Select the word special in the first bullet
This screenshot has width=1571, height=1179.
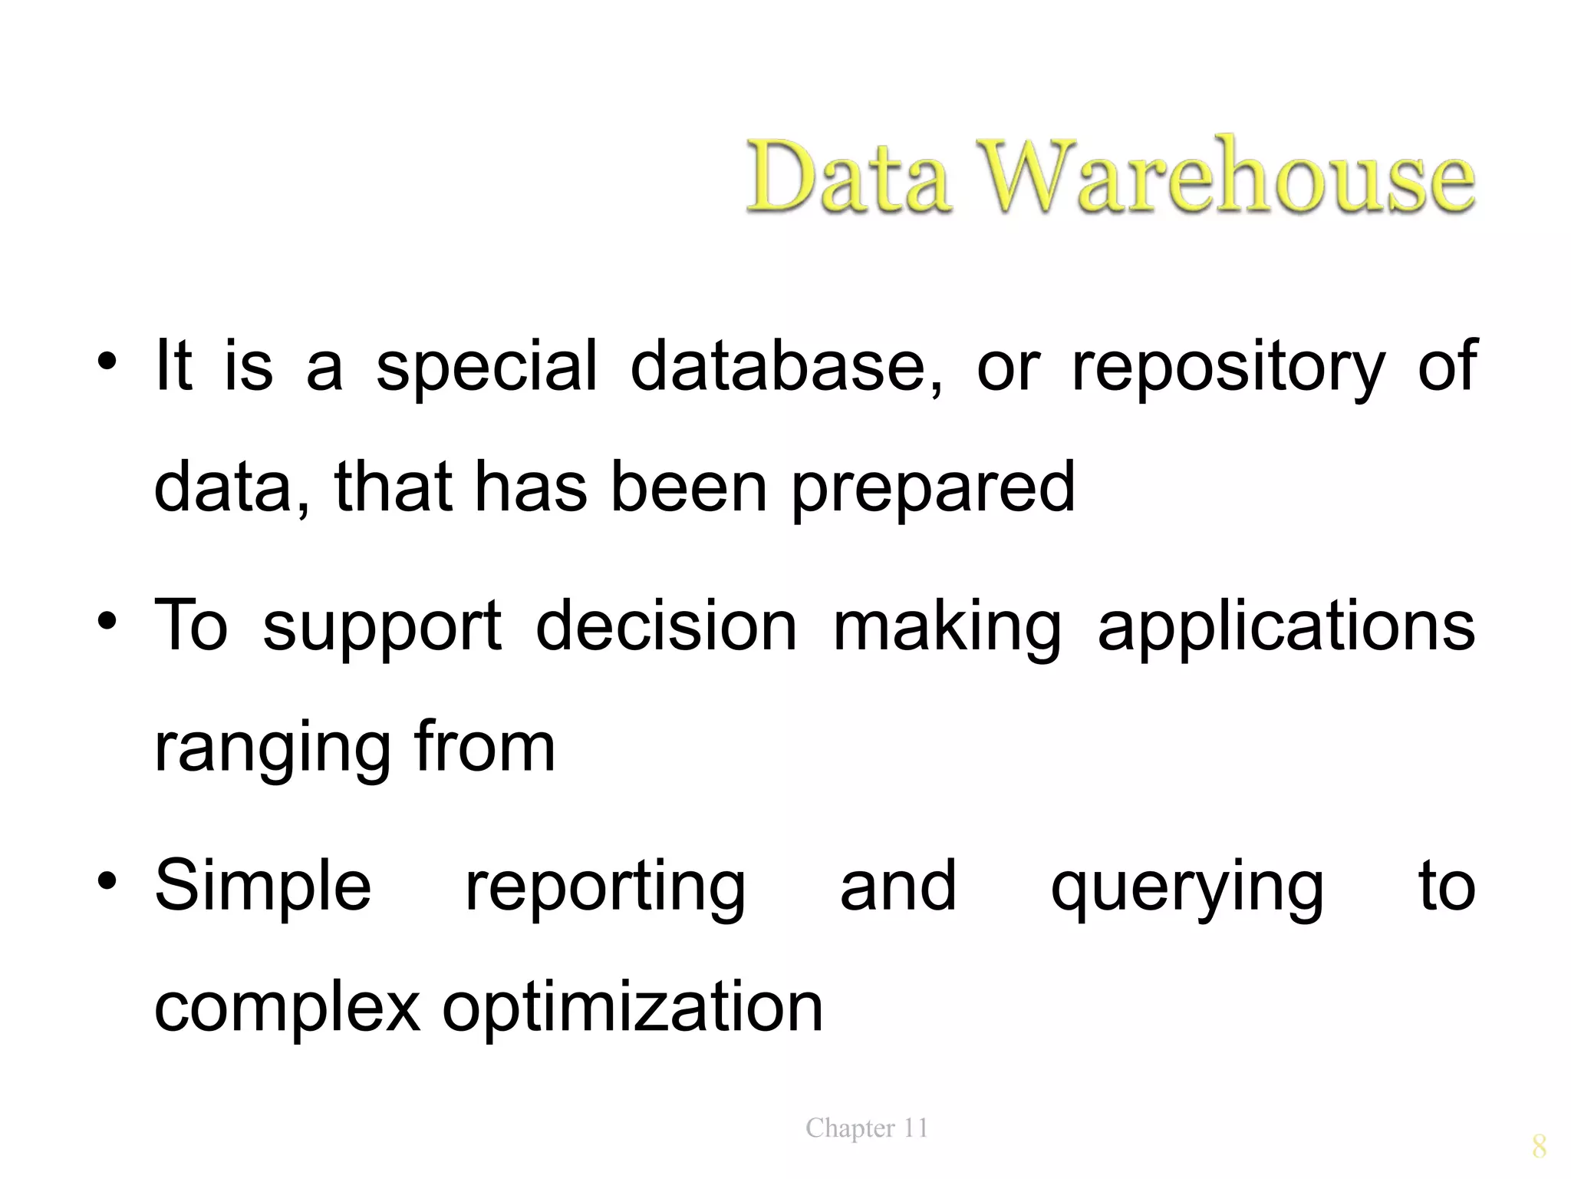[x=486, y=367]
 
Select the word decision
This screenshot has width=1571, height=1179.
[x=667, y=625]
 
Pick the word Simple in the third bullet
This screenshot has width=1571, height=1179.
[x=263, y=887]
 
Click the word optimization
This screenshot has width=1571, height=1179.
[x=632, y=1009]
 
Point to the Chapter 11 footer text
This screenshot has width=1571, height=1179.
[x=867, y=1128]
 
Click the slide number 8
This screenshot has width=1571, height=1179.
[x=1539, y=1147]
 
